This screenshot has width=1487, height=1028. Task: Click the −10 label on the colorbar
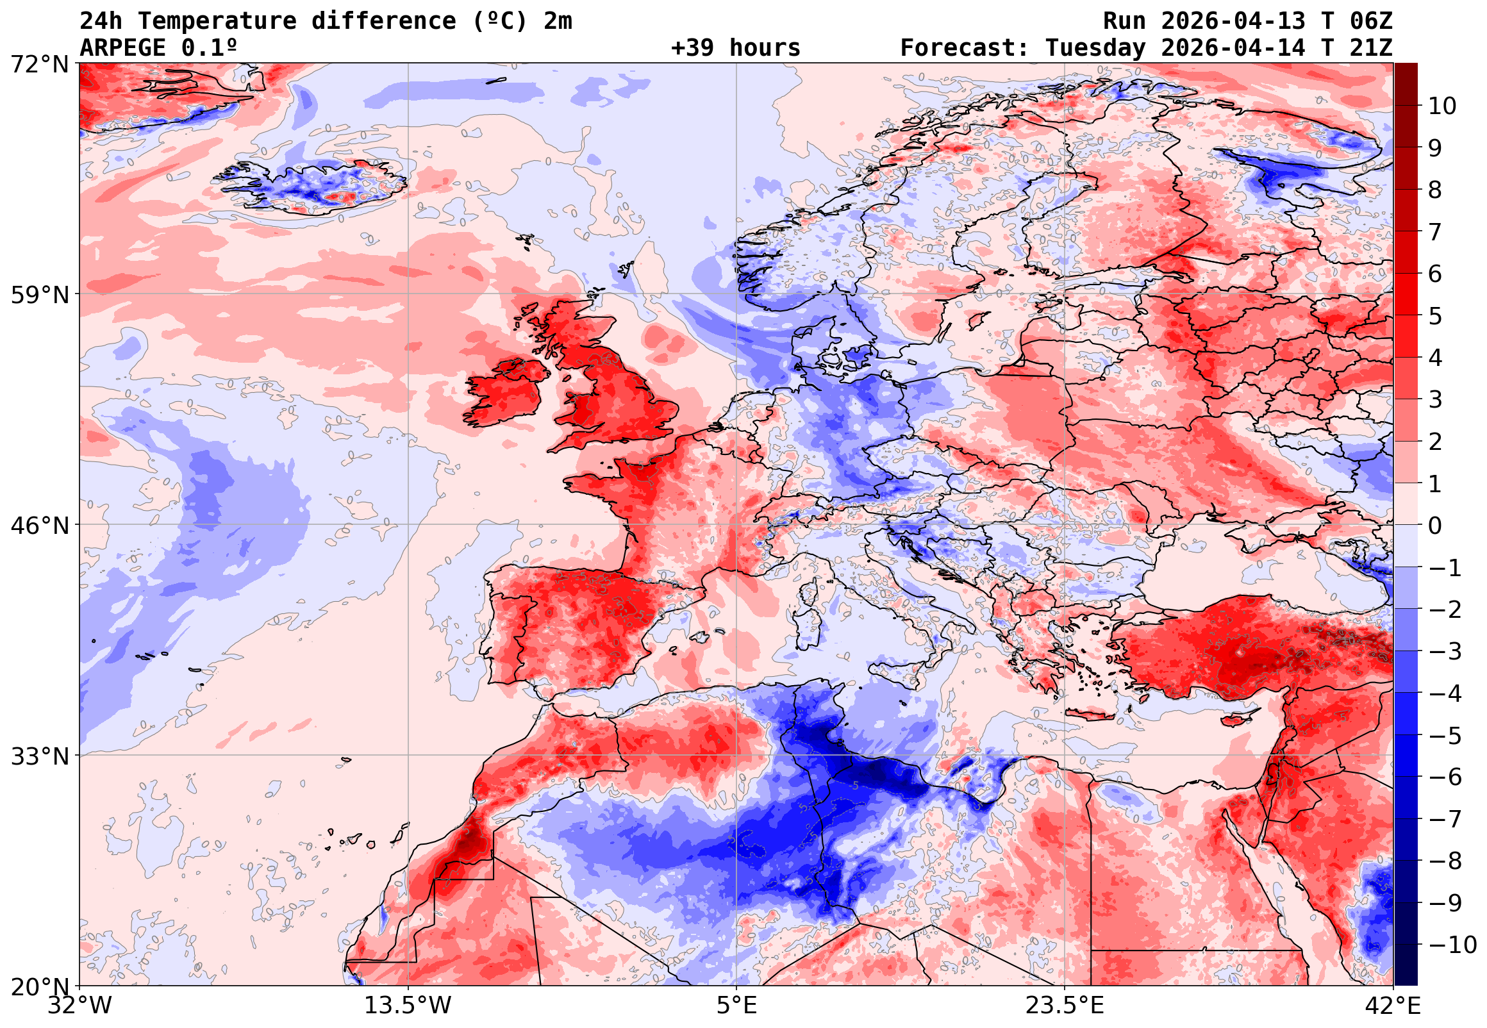click(x=1452, y=945)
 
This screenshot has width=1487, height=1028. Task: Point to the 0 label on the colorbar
click(x=1435, y=526)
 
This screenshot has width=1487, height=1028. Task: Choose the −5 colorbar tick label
click(x=1445, y=736)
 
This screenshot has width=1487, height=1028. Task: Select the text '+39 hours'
click(x=735, y=48)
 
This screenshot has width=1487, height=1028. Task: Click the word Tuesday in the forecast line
click(x=1095, y=48)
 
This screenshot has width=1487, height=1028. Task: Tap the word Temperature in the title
click(x=217, y=21)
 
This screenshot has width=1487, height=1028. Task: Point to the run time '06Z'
click(x=1371, y=21)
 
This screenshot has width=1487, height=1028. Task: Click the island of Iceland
click(x=315, y=187)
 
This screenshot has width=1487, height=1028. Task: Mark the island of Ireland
click(x=506, y=393)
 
